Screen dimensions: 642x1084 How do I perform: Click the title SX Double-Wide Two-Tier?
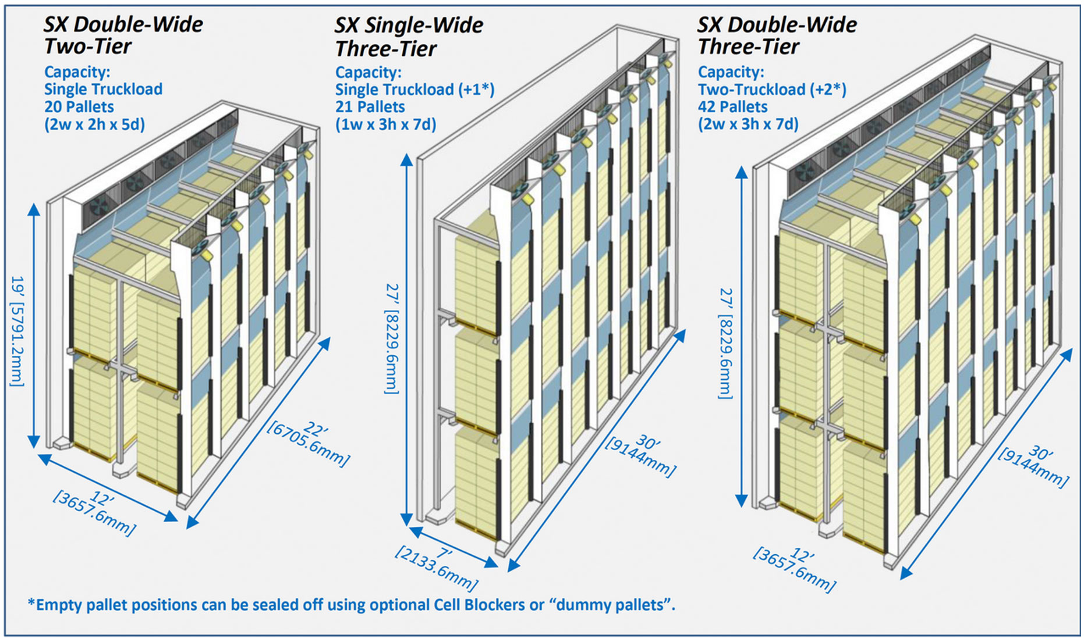pyautogui.click(x=123, y=35)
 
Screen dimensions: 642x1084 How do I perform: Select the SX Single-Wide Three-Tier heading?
pyautogui.click(x=408, y=37)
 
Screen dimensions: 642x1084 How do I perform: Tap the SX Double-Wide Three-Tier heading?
pyautogui.click(x=777, y=35)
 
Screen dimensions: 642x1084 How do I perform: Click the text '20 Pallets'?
pyautogui.click(x=79, y=107)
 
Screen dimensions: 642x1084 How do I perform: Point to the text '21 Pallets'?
pyautogui.click(x=370, y=107)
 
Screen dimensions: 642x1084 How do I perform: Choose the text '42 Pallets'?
pyautogui.click(x=732, y=107)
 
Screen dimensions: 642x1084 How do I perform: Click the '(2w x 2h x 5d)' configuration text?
pyautogui.click(x=94, y=124)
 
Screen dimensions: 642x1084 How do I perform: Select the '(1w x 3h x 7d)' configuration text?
pyautogui.click(x=385, y=124)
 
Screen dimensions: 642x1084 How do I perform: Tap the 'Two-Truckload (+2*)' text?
pyautogui.click(x=771, y=90)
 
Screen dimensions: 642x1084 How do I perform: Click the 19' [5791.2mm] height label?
pyautogui.click(x=17, y=331)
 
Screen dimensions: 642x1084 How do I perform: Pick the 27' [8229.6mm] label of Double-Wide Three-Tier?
pyautogui.click(x=725, y=343)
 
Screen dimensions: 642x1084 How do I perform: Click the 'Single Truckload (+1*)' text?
pyautogui.click(x=415, y=90)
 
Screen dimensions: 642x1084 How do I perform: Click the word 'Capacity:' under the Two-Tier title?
pyautogui.click(x=77, y=72)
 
